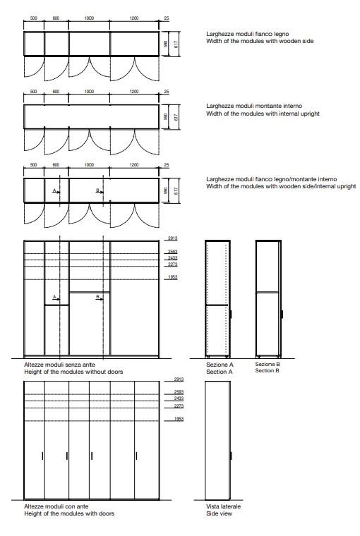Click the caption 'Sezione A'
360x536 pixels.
click(x=220, y=365)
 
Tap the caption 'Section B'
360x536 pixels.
click(x=268, y=370)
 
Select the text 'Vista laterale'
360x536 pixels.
click(x=224, y=506)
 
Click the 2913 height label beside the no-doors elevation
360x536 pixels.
click(x=173, y=238)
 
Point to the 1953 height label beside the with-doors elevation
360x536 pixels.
click(x=179, y=419)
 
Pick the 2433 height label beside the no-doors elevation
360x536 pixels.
click(x=173, y=258)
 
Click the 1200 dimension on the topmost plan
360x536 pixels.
click(x=134, y=18)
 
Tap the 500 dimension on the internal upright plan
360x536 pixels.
click(x=34, y=92)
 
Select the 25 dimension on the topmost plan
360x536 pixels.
click(x=167, y=18)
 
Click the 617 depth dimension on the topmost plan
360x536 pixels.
click(x=176, y=44)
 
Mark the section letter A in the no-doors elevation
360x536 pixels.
click(x=54, y=297)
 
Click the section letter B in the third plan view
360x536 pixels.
click(x=97, y=190)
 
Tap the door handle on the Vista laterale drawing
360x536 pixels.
click(x=232, y=456)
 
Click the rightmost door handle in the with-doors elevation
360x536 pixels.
click(x=136, y=456)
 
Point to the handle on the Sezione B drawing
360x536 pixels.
click(x=282, y=314)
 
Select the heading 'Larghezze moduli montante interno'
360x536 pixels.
click(x=254, y=106)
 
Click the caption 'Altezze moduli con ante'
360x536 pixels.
click(x=56, y=506)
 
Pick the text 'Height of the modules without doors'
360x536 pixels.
click(x=73, y=372)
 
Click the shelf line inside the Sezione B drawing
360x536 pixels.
click(x=268, y=292)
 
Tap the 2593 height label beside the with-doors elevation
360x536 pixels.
click(x=179, y=392)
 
